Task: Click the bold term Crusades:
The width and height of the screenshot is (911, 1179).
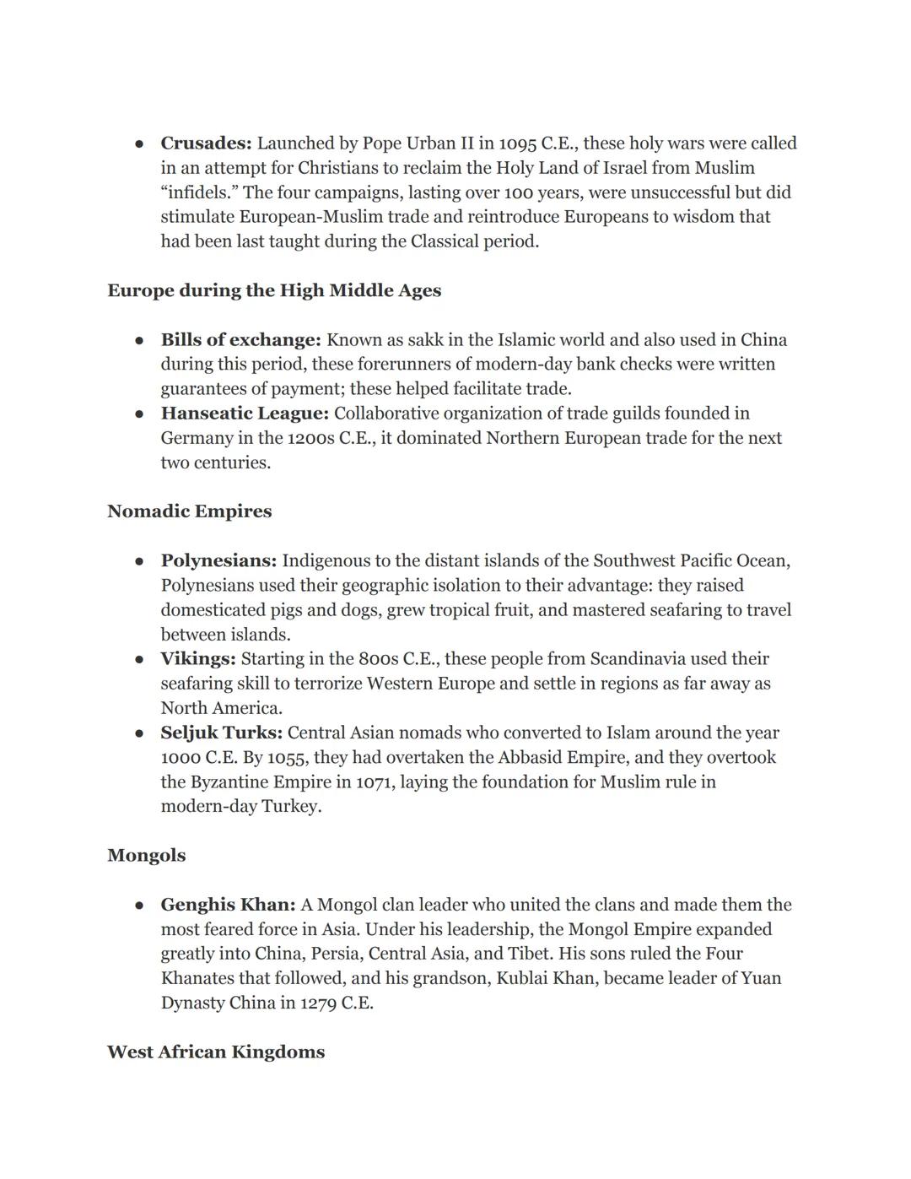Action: tap(206, 143)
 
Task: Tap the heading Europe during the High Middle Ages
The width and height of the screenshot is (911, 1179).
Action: tap(274, 290)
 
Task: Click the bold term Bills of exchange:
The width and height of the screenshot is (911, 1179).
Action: tap(240, 340)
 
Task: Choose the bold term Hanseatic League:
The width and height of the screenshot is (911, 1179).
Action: tap(245, 414)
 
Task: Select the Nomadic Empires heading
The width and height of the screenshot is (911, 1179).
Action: tap(189, 511)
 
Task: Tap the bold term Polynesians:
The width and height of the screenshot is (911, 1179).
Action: tap(218, 561)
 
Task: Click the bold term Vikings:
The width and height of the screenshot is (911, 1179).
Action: tap(198, 659)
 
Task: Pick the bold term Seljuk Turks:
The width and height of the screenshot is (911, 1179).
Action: tap(221, 733)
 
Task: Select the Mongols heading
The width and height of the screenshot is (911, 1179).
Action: tap(146, 856)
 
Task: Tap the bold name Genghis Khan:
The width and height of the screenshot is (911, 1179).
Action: tap(228, 905)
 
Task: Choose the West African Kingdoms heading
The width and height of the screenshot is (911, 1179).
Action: tap(216, 1052)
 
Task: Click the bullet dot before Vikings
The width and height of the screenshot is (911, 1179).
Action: tap(139, 660)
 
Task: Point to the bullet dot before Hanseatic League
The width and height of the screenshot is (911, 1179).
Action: tap(139, 414)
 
